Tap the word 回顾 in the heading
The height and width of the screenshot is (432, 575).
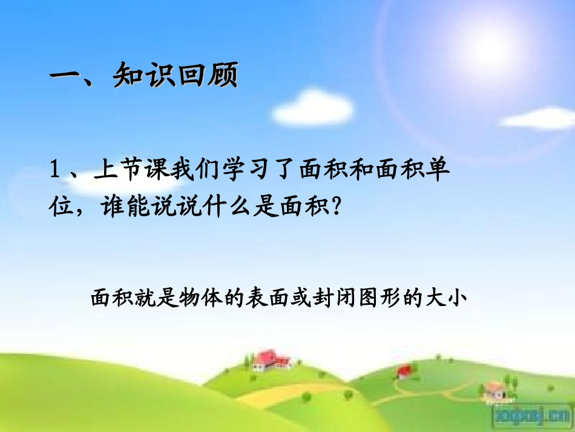pos(207,76)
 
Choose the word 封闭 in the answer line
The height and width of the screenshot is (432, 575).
pos(336,298)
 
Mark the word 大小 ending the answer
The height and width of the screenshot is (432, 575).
pos(448,298)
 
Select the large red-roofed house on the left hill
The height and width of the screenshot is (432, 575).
pos(270,360)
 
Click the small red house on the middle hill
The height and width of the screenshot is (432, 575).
pos(404,370)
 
